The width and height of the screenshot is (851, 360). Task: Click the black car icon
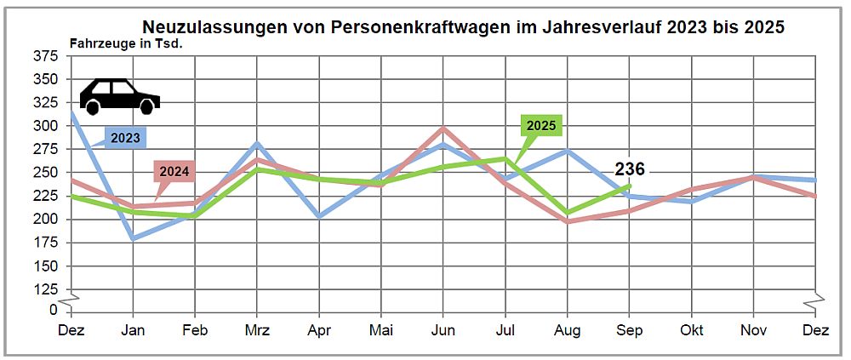coord(119,96)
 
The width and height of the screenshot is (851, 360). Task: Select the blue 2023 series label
coord(125,137)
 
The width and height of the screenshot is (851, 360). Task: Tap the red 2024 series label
coord(174,170)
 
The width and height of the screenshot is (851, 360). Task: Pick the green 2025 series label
coord(541,125)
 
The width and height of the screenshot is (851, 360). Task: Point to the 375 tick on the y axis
coord(46,56)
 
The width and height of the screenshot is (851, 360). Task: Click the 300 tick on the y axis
coord(46,126)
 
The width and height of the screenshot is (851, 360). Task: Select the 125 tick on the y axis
coord(46,289)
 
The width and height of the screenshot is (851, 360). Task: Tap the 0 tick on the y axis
coord(53,309)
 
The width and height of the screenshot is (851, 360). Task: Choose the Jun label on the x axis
coord(443,329)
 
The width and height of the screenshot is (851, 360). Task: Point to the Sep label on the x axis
coord(630,329)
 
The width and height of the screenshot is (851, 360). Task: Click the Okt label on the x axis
coord(692,329)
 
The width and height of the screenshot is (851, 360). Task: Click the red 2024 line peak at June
coord(443,129)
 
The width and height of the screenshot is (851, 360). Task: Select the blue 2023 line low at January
coord(132,238)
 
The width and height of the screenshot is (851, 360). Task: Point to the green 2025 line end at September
coord(630,185)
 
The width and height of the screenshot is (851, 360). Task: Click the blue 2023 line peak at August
coord(567,151)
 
